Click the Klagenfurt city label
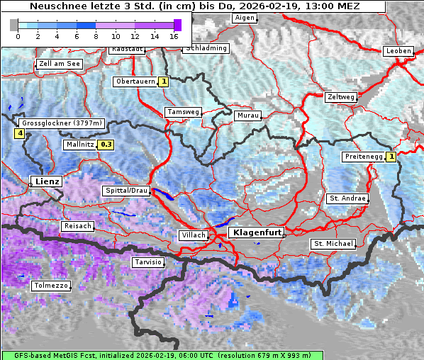(255, 232)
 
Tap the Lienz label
(46, 181)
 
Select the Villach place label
(193, 235)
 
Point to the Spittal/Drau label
(126, 191)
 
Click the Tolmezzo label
(51, 286)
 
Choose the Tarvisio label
(148, 262)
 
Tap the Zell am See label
(60, 64)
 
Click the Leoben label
(397, 51)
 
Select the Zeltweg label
(340, 96)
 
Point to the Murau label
(248, 115)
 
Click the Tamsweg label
(183, 112)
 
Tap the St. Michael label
(333, 244)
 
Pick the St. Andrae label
(347, 198)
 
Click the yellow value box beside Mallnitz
(106, 145)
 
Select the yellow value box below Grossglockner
(20, 133)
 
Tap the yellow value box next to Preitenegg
(391, 157)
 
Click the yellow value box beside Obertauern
(164, 81)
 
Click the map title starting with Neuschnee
(194, 6)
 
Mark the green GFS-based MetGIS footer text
(162, 355)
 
